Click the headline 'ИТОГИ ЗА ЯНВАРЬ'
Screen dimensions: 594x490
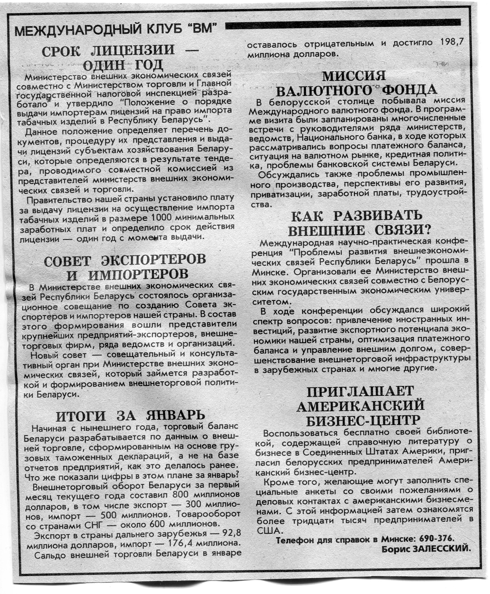130,416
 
